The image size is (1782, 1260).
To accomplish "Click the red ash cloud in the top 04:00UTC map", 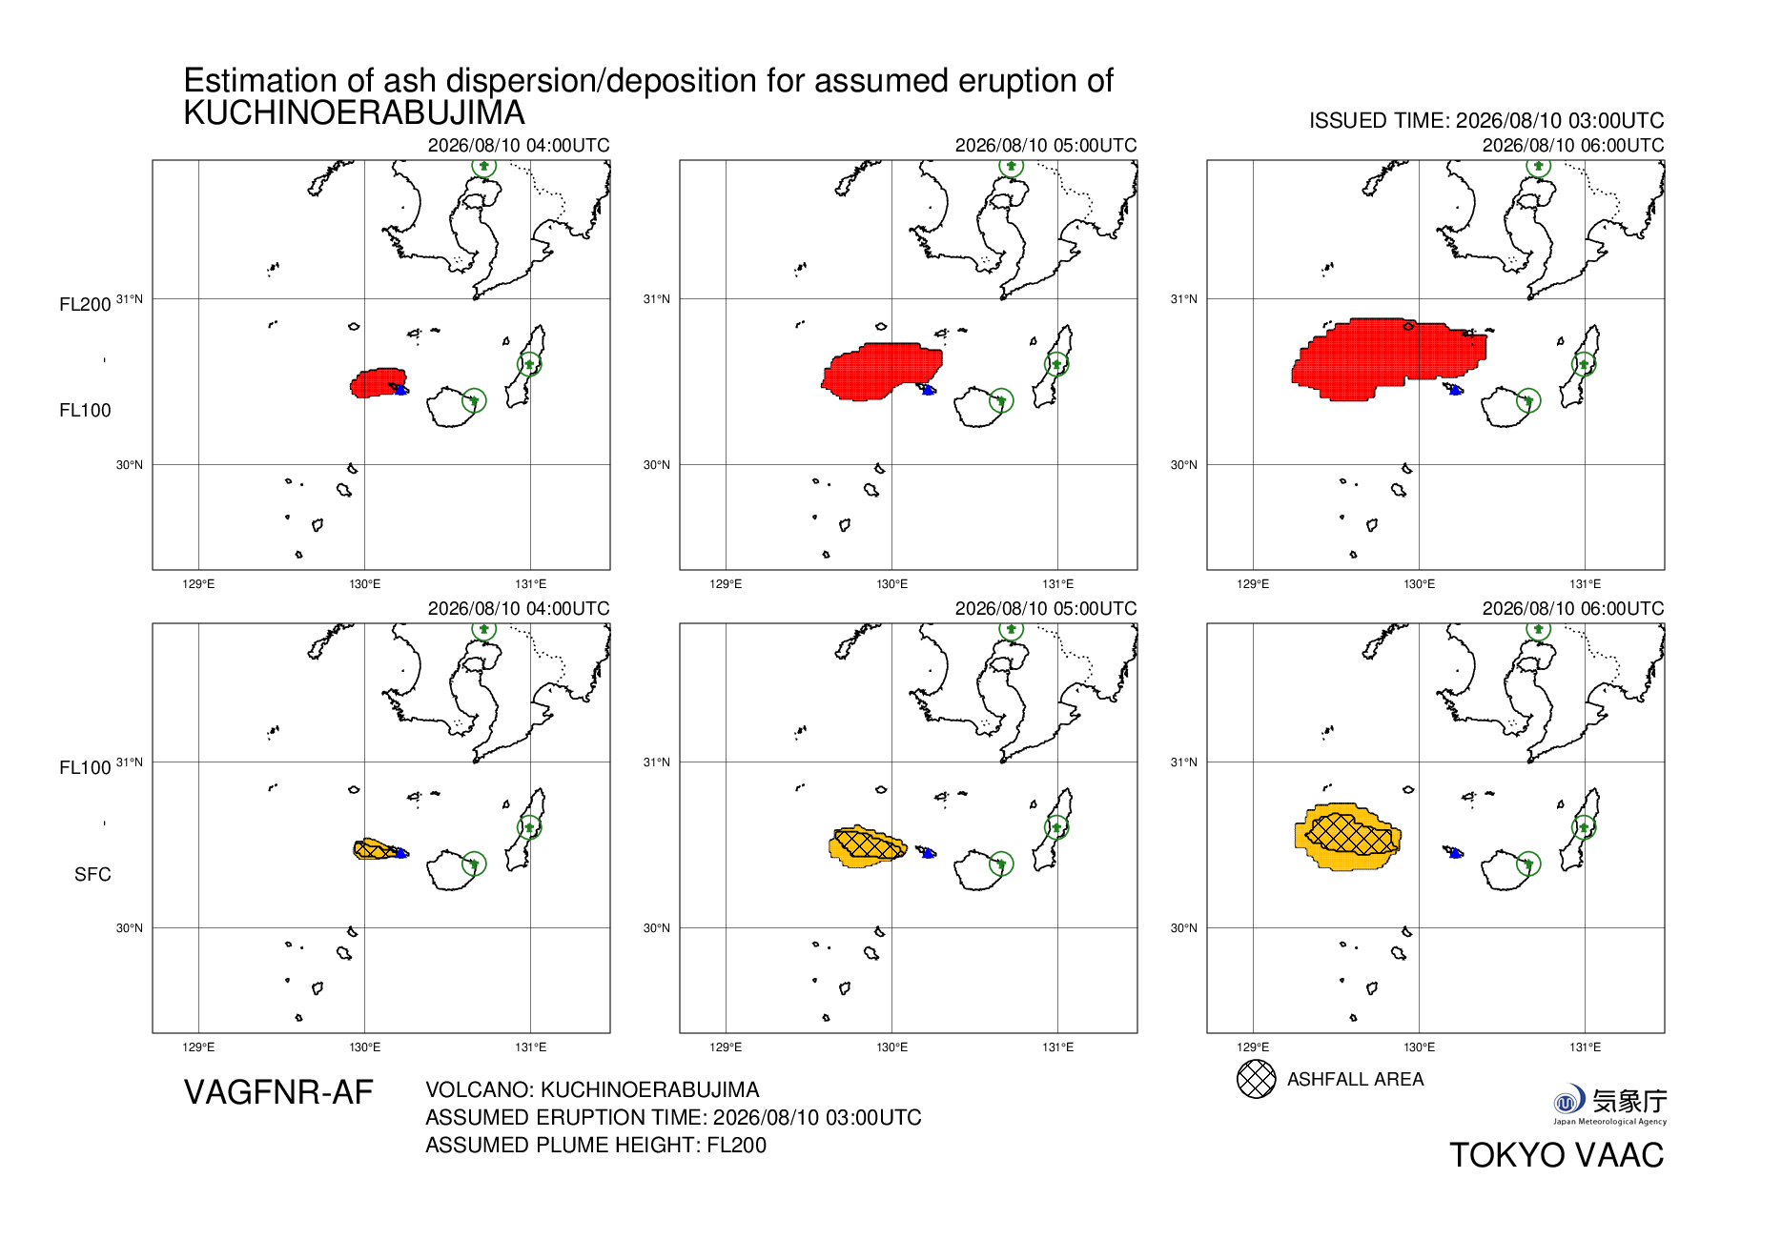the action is [378, 383].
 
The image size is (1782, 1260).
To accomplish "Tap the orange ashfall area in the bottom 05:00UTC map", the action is [866, 846].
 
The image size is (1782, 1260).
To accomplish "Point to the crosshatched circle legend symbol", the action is [1256, 1079].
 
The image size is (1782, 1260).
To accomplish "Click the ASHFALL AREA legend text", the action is [1355, 1079].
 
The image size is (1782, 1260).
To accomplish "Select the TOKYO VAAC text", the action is [1556, 1155].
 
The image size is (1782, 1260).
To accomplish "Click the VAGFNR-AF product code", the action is [278, 1092].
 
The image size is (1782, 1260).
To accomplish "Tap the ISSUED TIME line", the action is [1486, 121].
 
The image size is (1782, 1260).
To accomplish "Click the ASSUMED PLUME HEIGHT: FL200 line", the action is [596, 1145].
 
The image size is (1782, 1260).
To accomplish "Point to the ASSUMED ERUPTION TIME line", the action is [673, 1117].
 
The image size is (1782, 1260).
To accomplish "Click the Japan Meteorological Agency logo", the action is [1609, 1105].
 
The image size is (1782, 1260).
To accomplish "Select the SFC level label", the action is [92, 874].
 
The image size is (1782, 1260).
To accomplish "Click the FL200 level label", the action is [85, 304].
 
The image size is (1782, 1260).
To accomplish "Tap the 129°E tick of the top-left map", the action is [198, 583].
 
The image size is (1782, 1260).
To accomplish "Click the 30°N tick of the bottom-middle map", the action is [656, 928].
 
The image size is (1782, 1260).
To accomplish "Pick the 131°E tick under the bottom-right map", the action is [1585, 1047].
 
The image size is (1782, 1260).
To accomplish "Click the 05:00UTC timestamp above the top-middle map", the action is [1046, 145].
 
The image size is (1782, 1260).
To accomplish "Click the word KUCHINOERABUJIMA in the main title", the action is [354, 112].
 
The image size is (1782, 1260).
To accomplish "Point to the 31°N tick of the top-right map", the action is [1184, 299].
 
